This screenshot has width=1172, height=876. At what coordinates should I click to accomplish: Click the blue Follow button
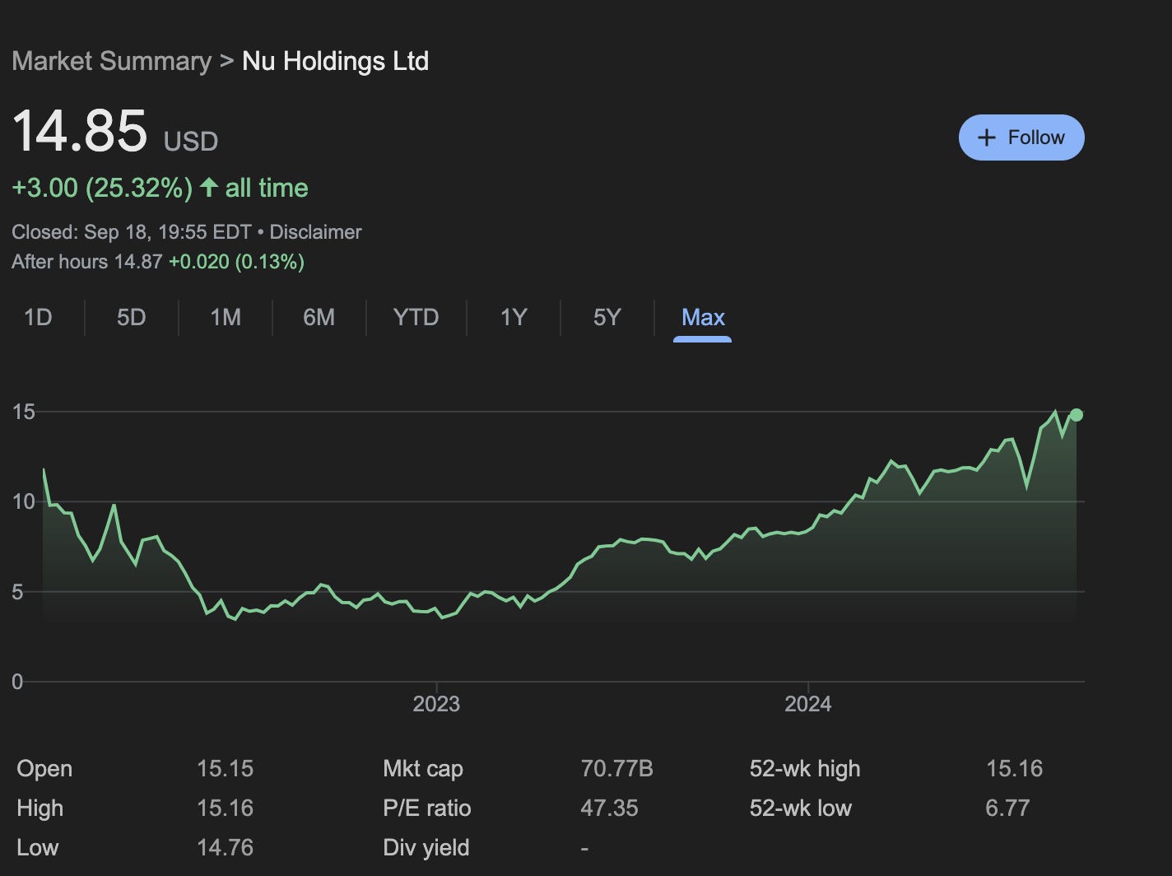1021,137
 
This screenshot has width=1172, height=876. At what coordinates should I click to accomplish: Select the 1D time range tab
38,317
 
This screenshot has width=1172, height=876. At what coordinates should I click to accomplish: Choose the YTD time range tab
416,317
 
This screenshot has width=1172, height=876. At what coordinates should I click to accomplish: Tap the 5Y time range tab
607,317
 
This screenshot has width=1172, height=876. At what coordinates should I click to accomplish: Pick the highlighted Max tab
703,317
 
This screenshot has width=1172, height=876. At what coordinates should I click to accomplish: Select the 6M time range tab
319,317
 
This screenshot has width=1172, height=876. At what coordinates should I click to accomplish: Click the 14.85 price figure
80,132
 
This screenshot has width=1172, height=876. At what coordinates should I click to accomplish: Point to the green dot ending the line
1076,415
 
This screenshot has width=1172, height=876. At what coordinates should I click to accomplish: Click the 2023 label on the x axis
436,704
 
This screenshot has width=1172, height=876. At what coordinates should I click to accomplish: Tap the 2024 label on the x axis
807,704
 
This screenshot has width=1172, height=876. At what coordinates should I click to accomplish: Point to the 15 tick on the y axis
24,412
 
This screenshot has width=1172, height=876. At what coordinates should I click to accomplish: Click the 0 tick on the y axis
17,682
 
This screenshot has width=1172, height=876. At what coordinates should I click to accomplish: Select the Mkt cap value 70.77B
616,769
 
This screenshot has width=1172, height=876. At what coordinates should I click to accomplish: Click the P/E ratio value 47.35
609,808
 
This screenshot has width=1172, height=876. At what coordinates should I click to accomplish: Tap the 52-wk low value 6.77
1007,808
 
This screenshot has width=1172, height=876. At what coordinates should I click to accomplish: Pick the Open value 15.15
225,769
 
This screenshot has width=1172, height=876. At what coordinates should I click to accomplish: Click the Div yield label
426,848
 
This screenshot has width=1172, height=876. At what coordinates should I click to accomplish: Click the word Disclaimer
315,232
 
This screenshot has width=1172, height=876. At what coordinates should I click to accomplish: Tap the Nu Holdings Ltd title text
335,62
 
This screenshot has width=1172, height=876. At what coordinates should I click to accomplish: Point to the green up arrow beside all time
209,188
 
